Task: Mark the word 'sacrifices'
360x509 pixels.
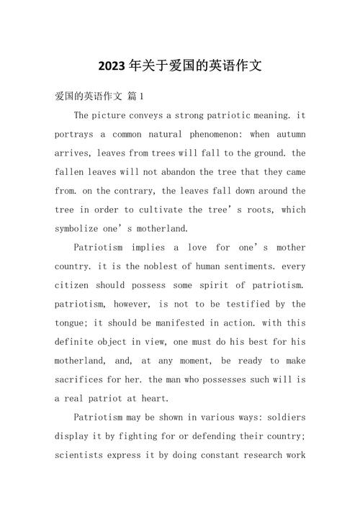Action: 83,379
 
